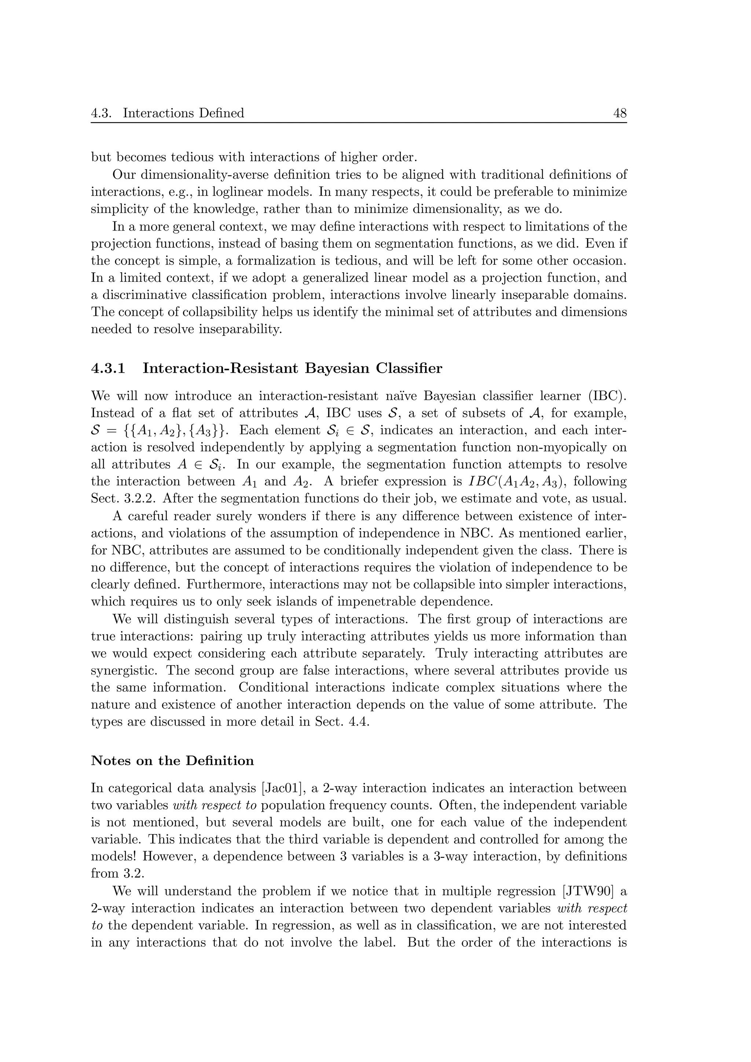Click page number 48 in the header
pos(619,113)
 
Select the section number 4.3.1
pos(108,368)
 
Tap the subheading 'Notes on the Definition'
pos(172,761)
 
